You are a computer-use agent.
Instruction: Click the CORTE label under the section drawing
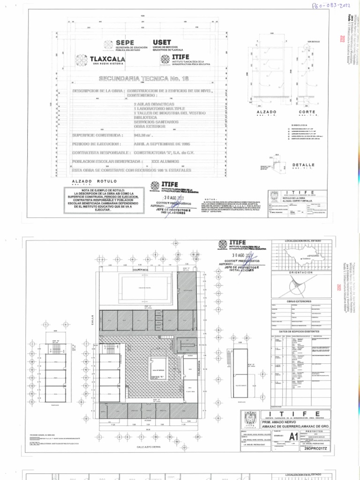pyautogui.click(x=306, y=112)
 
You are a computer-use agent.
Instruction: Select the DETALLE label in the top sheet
pyautogui.click(x=304, y=165)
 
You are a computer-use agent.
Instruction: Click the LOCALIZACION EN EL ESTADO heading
pyautogui.click(x=300, y=241)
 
